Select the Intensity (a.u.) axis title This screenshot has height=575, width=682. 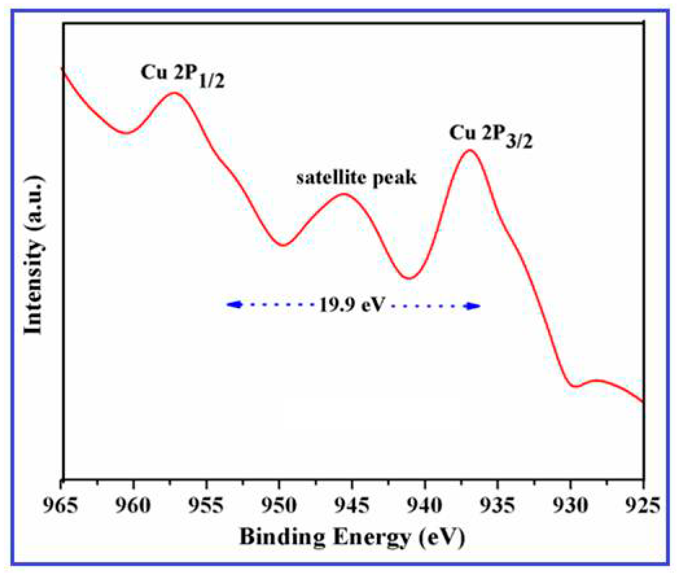click(34, 256)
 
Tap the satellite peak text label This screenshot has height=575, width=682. click(356, 178)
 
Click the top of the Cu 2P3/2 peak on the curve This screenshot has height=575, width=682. click(470, 150)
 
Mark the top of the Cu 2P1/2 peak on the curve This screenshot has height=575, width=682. click(175, 93)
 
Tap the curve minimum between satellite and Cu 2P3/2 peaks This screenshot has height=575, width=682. click(410, 278)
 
